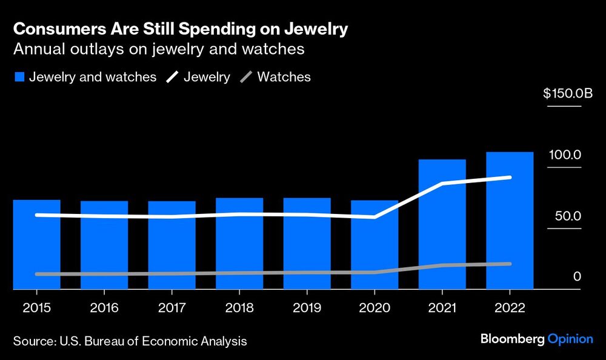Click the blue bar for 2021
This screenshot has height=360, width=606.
[x=442, y=224]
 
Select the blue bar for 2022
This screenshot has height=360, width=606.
[x=510, y=221]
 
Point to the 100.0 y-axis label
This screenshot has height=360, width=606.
[x=565, y=155]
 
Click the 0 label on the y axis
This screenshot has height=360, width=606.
[x=577, y=276]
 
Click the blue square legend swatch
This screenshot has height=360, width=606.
[x=19, y=78]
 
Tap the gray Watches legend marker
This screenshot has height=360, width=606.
[x=247, y=78]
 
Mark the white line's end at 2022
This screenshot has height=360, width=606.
[x=510, y=178]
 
